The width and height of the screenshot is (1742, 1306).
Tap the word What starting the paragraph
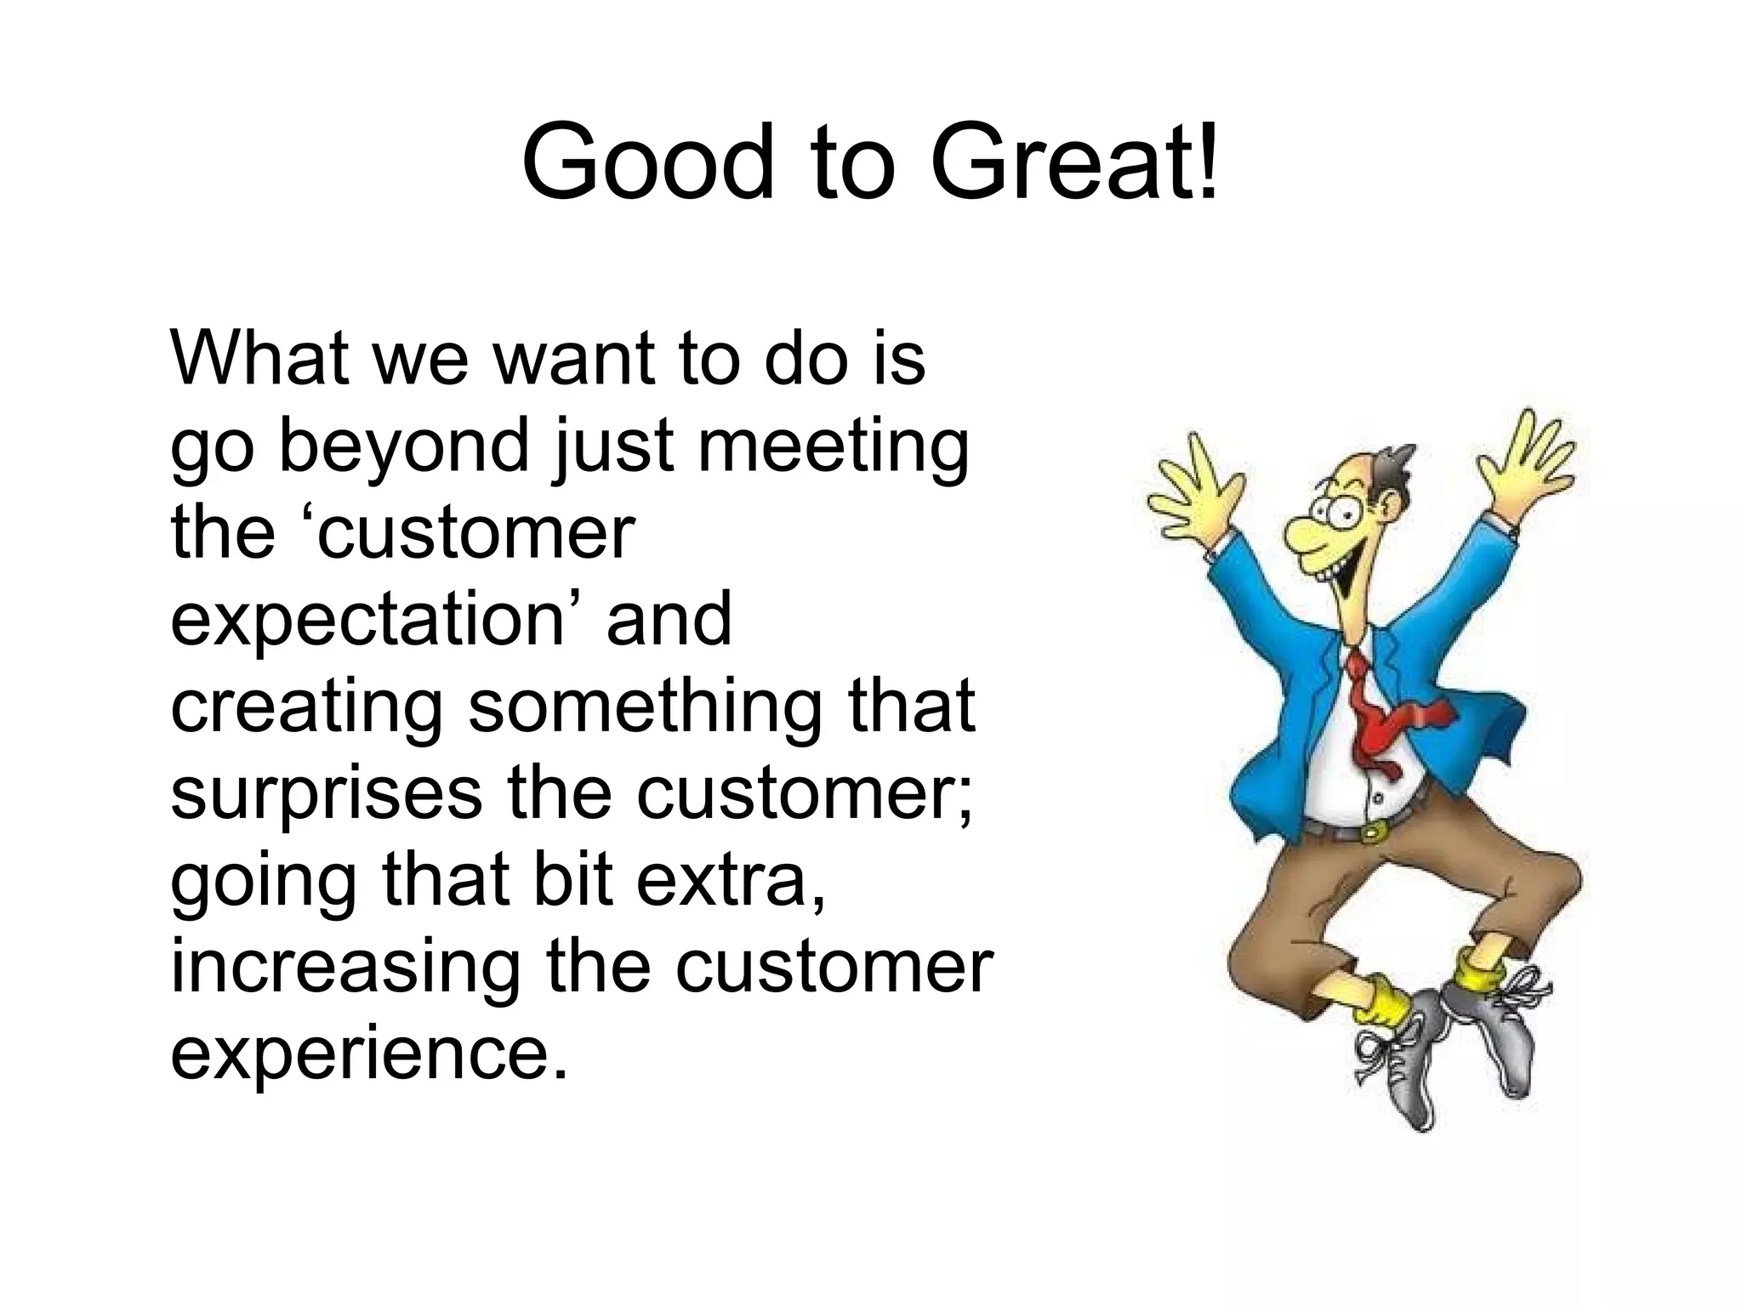pyautogui.click(x=261, y=357)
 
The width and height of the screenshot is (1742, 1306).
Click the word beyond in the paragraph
pyautogui.click(x=403, y=449)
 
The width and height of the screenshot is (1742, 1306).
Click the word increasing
pyautogui.click(x=345, y=969)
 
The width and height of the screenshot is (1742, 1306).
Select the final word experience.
pyautogui.click(x=368, y=1056)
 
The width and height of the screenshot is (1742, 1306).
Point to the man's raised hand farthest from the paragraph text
pyautogui.click(x=1531, y=459)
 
